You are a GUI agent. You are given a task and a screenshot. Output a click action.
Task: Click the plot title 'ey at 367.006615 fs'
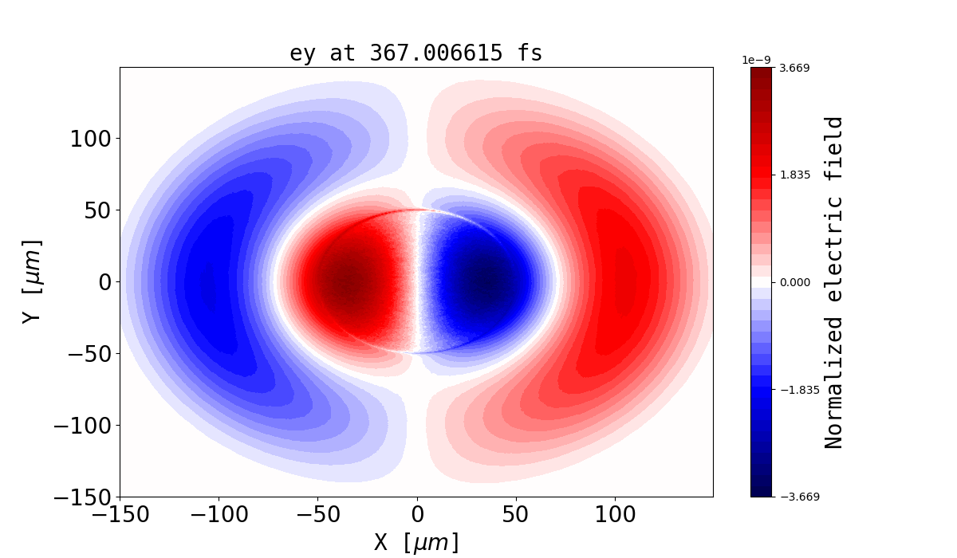(415, 53)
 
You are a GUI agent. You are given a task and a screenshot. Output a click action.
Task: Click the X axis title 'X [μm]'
(416, 543)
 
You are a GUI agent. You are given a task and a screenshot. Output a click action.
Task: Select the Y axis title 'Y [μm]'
(31, 281)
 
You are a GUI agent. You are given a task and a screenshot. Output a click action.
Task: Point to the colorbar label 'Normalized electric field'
(833, 282)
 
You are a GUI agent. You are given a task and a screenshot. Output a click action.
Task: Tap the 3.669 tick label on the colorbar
(794, 68)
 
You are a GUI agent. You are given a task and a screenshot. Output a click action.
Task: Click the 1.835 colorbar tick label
(794, 175)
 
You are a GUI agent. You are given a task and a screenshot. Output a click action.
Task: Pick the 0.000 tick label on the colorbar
(794, 282)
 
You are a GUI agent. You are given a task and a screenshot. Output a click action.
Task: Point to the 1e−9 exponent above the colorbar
(757, 60)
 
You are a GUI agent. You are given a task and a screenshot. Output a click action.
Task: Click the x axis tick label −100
(219, 515)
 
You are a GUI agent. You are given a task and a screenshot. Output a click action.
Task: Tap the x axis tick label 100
(614, 515)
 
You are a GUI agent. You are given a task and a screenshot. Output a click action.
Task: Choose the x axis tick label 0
(416, 515)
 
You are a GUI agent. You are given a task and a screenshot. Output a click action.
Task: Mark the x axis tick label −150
(120, 515)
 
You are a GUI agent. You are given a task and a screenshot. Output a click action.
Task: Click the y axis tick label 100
(94, 139)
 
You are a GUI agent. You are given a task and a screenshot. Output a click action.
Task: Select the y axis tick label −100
(83, 426)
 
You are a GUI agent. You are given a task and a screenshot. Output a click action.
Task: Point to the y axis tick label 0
(104, 282)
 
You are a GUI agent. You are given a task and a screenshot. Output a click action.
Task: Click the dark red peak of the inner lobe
(347, 281)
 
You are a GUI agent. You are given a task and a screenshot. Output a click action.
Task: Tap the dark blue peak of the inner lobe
(485, 281)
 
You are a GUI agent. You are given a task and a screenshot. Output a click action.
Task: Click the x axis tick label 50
(515, 515)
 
